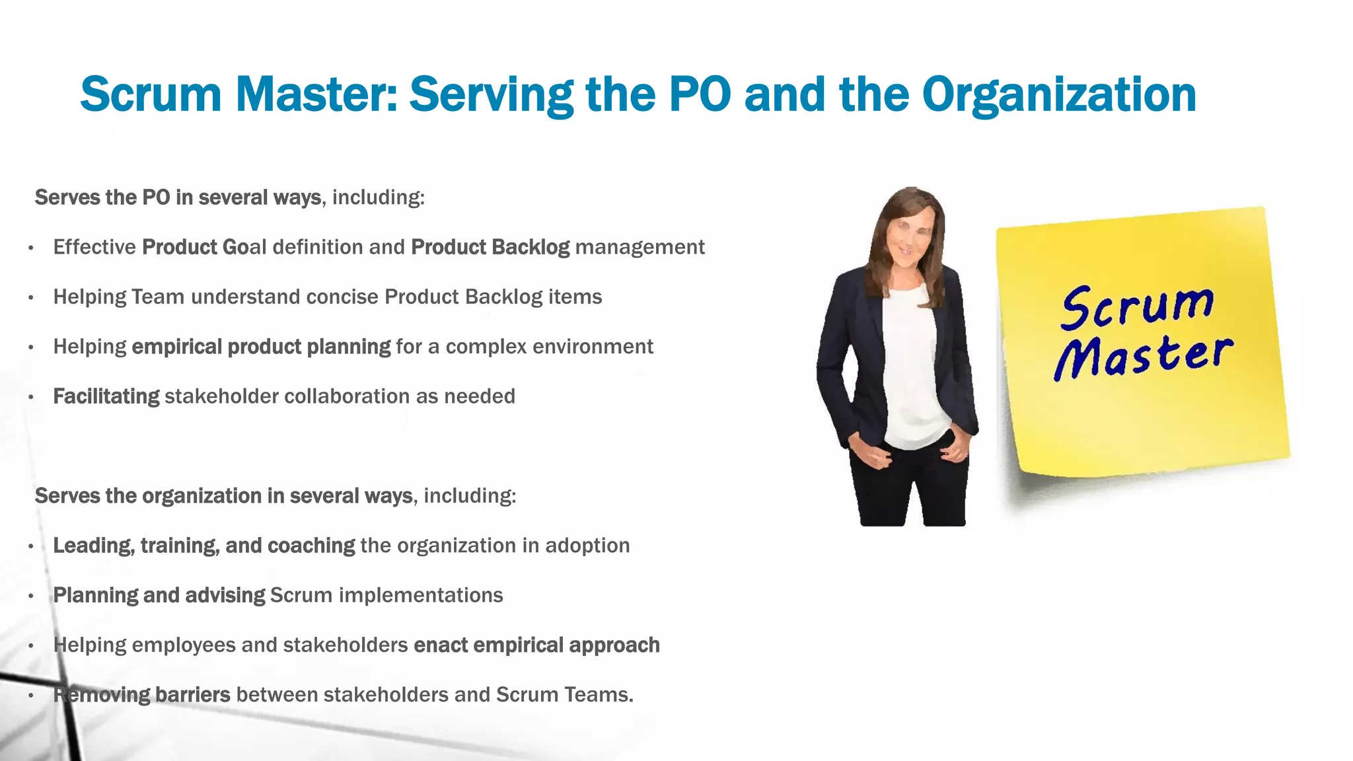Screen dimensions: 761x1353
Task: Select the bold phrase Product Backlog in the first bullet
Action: click(490, 247)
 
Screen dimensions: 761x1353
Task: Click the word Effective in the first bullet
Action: click(94, 247)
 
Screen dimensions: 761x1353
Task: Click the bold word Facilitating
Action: click(106, 396)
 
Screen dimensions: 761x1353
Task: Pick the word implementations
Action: click(421, 595)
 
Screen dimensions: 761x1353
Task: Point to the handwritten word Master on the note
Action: click(1143, 357)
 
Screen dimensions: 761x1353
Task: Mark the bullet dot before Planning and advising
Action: click(31, 596)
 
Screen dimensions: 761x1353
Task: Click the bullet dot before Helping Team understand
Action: click(31, 298)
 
